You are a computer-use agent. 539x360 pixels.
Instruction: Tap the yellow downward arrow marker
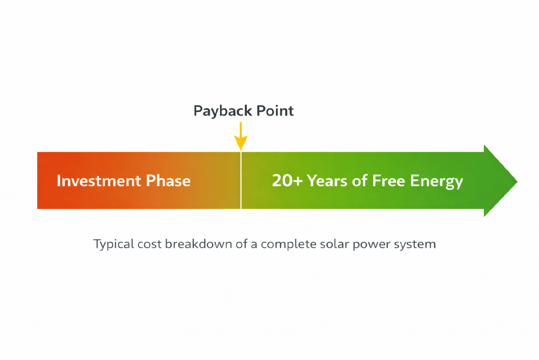(x=241, y=137)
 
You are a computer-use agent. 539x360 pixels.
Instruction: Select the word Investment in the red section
(x=96, y=181)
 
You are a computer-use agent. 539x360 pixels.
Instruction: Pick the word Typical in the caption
(x=113, y=244)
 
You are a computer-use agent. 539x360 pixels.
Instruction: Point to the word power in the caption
(x=370, y=245)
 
